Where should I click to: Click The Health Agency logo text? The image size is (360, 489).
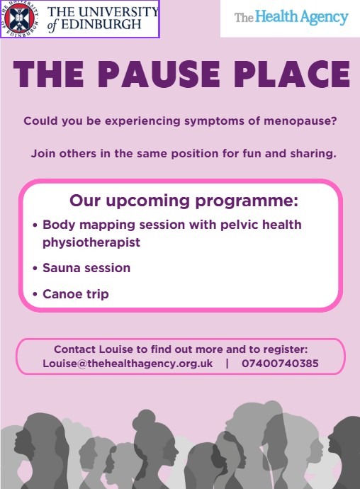[x=291, y=17]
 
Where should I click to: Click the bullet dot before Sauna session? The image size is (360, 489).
[x=36, y=269]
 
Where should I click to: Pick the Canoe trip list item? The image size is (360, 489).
[x=76, y=293]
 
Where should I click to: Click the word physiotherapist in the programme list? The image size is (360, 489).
[x=91, y=242]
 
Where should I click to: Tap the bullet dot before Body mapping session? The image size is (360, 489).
[x=36, y=226]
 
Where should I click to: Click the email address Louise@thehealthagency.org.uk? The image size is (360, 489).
[x=128, y=364]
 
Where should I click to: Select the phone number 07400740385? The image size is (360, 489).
[x=280, y=364]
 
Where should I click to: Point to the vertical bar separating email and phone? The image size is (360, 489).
[x=227, y=364]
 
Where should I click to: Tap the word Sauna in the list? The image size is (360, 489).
[x=61, y=268]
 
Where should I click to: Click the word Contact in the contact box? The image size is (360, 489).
[x=75, y=349]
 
